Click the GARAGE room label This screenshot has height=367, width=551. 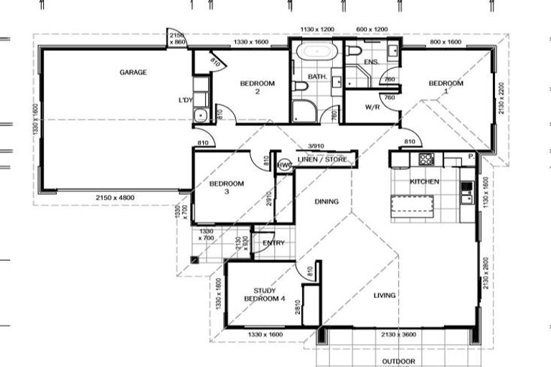[x=133, y=72]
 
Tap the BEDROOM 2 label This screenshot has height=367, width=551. [x=257, y=87]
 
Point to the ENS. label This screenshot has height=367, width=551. [x=371, y=63]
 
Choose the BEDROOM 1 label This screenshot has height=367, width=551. [x=446, y=87]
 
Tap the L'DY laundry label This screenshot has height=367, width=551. [x=185, y=100]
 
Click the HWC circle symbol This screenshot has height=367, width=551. [x=283, y=165]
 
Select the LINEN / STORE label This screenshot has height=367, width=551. [x=322, y=159]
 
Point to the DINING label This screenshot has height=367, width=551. [x=326, y=202]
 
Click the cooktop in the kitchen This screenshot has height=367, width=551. [x=426, y=159]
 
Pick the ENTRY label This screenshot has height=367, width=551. [x=273, y=243]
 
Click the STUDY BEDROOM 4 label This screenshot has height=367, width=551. [x=260, y=295]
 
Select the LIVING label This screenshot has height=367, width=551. [x=385, y=295]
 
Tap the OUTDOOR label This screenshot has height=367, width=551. [x=397, y=361]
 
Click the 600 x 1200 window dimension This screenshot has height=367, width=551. [x=372, y=29]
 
